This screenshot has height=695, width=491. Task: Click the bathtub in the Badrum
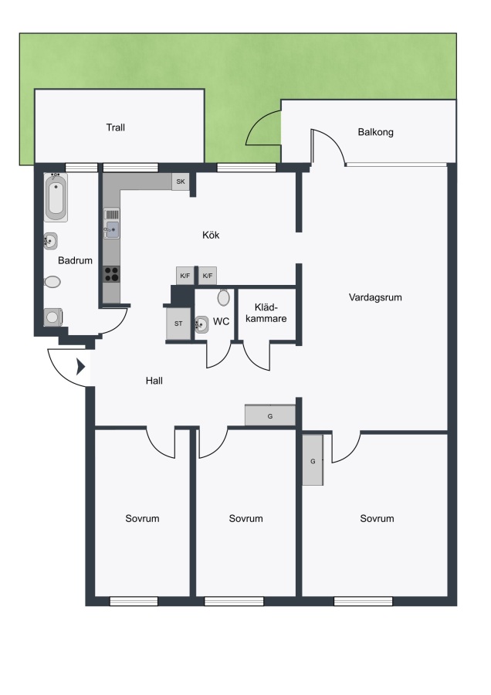coord(56,197)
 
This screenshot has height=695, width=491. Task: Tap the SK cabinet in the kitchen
coord(181,181)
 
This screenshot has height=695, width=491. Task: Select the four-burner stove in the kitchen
coord(112,274)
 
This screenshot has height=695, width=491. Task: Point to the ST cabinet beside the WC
coord(178,324)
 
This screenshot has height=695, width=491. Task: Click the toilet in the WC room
coord(224,297)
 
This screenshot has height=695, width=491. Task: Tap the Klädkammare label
coord(266,313)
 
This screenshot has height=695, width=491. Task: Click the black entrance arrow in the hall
coord(80,367)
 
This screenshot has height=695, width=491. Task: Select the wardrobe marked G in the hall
coord(270,415)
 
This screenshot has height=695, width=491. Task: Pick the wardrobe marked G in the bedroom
coord(313,460)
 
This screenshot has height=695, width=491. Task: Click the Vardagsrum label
coord(375,297)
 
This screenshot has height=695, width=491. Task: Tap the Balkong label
coord(376,132)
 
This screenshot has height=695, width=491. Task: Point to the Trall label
coord(116,127)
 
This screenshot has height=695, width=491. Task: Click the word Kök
coord(211,235)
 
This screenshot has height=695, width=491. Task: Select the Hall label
coord(154,380)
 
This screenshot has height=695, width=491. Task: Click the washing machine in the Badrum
coord(53,317)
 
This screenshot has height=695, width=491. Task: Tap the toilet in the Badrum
coord(52,282)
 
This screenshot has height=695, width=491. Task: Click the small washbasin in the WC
coord(201,324)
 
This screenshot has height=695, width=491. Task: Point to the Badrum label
coord(76,261)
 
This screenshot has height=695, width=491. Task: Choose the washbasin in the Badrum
coord(50,241)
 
